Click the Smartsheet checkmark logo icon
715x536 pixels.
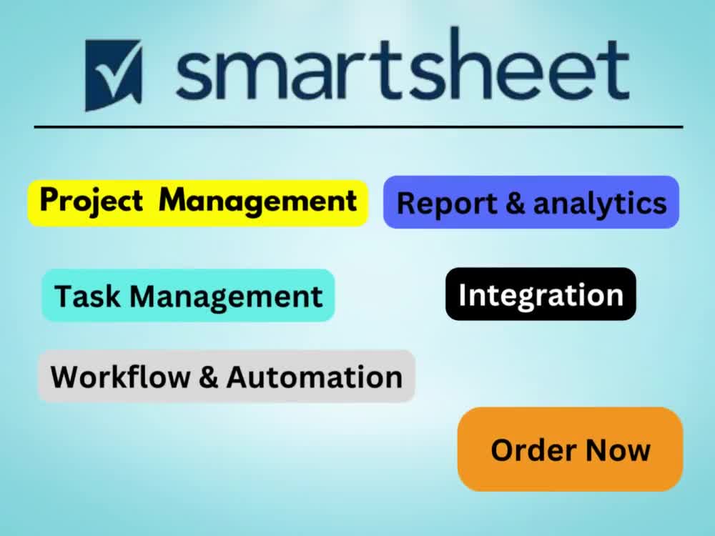click(113, 74)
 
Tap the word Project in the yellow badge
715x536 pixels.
click(91, 201)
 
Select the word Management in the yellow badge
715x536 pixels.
click(257, 201)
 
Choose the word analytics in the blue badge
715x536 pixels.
click(600, 204)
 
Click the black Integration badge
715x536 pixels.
click(541, 294)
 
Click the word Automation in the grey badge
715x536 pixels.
click(314, 377)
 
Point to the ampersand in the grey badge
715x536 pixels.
click(208, 377)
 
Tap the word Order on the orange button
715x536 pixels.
click(533, 450)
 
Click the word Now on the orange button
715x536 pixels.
click(618, 450)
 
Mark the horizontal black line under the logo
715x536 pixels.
click(357, 127)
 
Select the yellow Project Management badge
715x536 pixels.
click(197, 203)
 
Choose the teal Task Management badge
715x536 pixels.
click(188, 295)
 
